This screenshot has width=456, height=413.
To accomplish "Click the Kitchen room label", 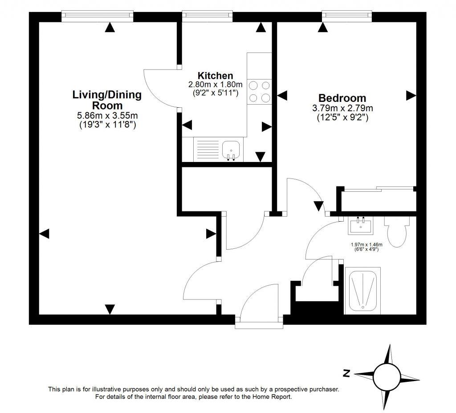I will pos(215,76).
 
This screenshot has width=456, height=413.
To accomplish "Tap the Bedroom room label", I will pos(342,98).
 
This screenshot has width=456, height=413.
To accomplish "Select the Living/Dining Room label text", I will pos(107,100).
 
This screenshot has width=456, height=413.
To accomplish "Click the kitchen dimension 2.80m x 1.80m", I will pos(215,85).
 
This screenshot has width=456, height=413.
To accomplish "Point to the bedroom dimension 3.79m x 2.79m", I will pos(342,108).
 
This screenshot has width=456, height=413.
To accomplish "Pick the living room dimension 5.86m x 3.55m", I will pos(107,116).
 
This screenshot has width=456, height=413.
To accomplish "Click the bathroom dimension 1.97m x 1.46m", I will pos(366,244).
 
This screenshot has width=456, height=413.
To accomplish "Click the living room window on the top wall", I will pos(98,16).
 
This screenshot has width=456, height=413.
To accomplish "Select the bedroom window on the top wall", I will pos(347,16).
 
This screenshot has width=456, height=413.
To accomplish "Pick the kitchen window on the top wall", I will pos(208,16).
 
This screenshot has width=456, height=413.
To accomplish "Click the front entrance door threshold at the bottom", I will pos(259,324).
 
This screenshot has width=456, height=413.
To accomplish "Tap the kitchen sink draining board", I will pos(206,149).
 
